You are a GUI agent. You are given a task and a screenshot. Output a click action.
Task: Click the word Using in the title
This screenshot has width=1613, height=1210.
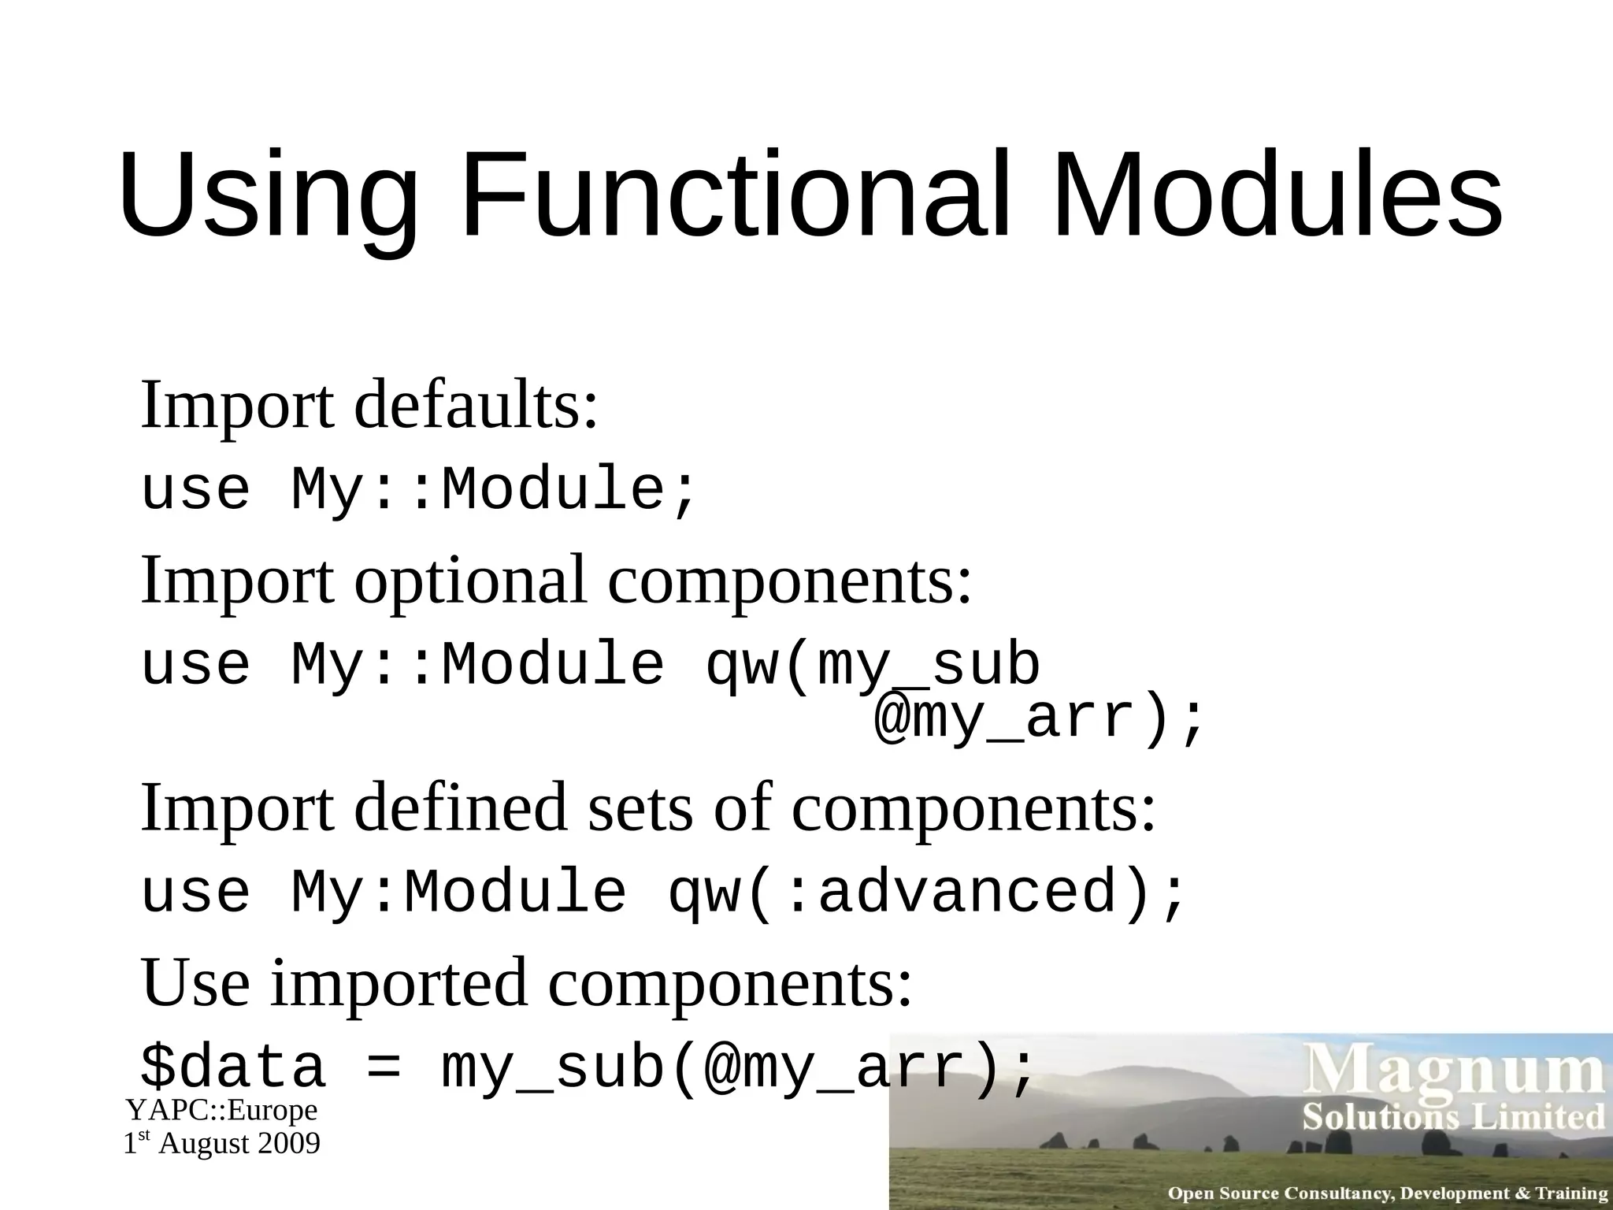(268, 197)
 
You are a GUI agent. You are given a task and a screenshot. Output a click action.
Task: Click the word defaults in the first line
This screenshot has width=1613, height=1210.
(476, 405)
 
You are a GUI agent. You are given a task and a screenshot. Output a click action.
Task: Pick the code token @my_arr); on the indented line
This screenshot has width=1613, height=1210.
(1040, 718)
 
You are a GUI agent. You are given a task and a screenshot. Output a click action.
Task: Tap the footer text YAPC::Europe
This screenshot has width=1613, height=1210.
(222, 1111)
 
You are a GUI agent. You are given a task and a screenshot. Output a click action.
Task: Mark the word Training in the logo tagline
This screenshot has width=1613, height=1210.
(1570, 1194)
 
